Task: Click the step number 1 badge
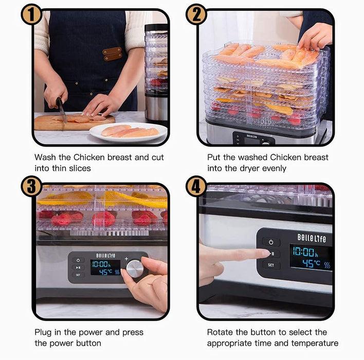coord(31,14)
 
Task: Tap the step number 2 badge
coord(196,14)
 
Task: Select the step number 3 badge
coord(31,186)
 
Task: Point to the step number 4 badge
coord(196,186)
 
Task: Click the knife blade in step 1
coord(62,111)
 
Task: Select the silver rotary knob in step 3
coord(135,268)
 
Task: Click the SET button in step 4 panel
coord(271,265)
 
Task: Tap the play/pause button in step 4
coord(271,254)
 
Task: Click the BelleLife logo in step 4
coord(312,238)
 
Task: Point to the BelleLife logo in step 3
coord(106,255)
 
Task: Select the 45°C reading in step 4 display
coord(311,264)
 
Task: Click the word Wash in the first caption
coord(45,157)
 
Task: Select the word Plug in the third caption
coord(43,332)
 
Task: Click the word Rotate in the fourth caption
coord(221,332)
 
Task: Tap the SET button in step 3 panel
coord(78,275)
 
